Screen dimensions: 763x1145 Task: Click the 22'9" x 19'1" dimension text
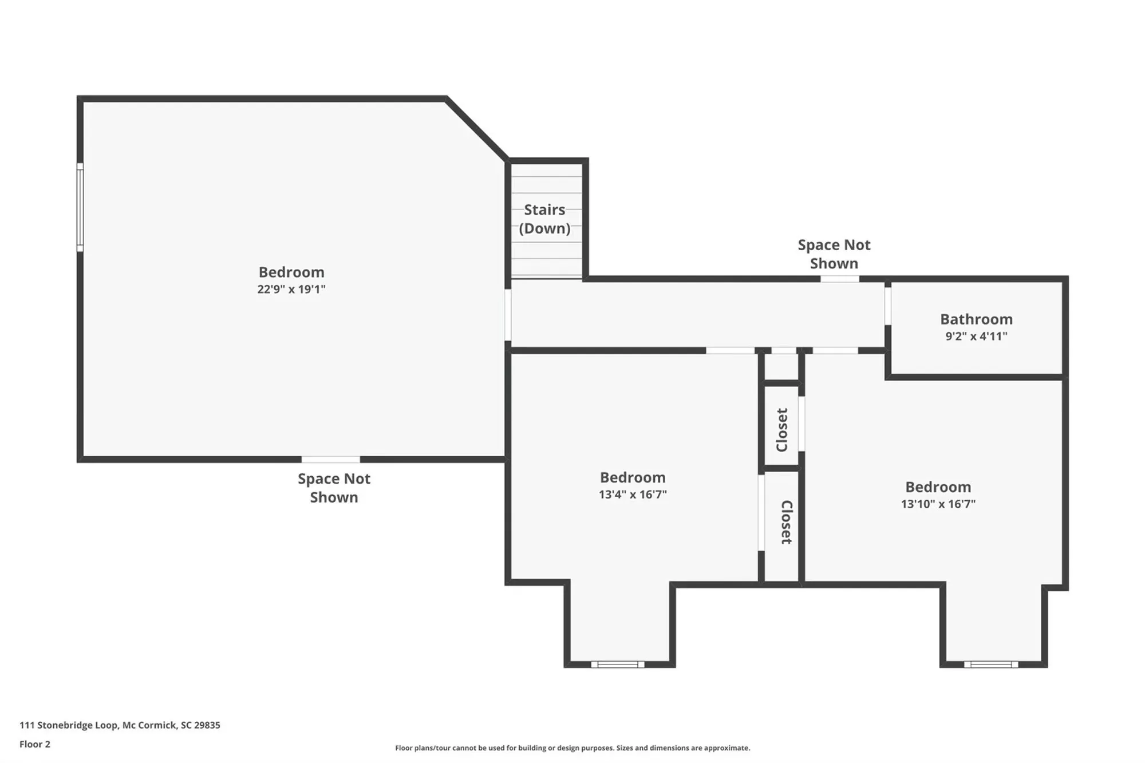(291, 289)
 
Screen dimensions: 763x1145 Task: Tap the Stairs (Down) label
(544, 219)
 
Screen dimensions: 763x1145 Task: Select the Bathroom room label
(976, 319)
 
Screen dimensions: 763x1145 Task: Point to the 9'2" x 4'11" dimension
(976, 336)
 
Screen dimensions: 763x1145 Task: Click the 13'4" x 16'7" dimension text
(633, 495)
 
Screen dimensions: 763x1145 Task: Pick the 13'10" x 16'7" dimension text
(938, 504)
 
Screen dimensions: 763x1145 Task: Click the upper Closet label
(782, 430)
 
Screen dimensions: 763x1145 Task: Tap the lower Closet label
(786, 522)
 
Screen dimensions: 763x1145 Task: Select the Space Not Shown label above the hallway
(834, 254)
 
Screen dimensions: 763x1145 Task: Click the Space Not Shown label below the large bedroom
(334, 488)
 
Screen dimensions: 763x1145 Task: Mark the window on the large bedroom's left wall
(80, 207)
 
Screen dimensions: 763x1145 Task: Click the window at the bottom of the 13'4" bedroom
(617, 665)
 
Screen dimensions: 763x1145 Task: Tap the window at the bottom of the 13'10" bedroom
(990, 665)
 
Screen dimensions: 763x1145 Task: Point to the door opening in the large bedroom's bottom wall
(330, 460)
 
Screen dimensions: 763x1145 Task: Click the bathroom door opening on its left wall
(887, 306)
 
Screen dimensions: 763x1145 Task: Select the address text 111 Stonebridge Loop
(120, 725)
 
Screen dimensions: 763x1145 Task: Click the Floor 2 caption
(35, 744)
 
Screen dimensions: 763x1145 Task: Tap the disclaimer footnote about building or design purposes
(572, 748)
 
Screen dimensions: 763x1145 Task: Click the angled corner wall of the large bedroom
(477, 129)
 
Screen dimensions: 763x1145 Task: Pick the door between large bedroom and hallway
(508, 315)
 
